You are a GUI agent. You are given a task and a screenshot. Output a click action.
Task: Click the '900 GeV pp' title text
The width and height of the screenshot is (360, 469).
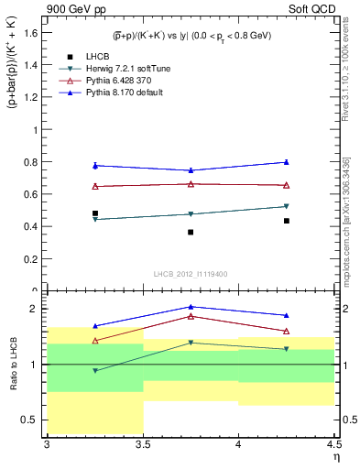tap(71, 8)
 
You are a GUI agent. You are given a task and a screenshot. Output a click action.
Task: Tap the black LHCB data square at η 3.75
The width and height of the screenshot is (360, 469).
tap(191, 232)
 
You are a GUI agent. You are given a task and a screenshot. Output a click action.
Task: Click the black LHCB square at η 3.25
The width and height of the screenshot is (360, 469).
tap(95, 213)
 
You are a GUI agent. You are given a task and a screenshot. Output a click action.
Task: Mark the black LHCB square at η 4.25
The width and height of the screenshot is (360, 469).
tap(287, 221)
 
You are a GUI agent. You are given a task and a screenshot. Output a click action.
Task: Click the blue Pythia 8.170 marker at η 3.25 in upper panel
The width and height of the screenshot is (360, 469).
tap(95, 165)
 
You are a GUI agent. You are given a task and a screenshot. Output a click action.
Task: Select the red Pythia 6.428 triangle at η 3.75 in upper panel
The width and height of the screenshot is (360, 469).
tap(191, 184)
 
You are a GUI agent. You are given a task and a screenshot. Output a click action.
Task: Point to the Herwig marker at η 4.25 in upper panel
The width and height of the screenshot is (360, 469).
tap(287, 206)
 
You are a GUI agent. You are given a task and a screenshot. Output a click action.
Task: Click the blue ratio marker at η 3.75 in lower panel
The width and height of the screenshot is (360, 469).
tap(191, 307)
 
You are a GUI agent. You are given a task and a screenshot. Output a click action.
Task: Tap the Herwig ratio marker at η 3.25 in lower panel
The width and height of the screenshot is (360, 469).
tap(95, 371)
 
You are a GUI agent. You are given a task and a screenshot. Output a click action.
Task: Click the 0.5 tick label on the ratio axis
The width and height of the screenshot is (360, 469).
tap(30, 420)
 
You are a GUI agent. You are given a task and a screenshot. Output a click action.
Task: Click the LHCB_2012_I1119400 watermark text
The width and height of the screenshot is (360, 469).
tap(191, 274)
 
